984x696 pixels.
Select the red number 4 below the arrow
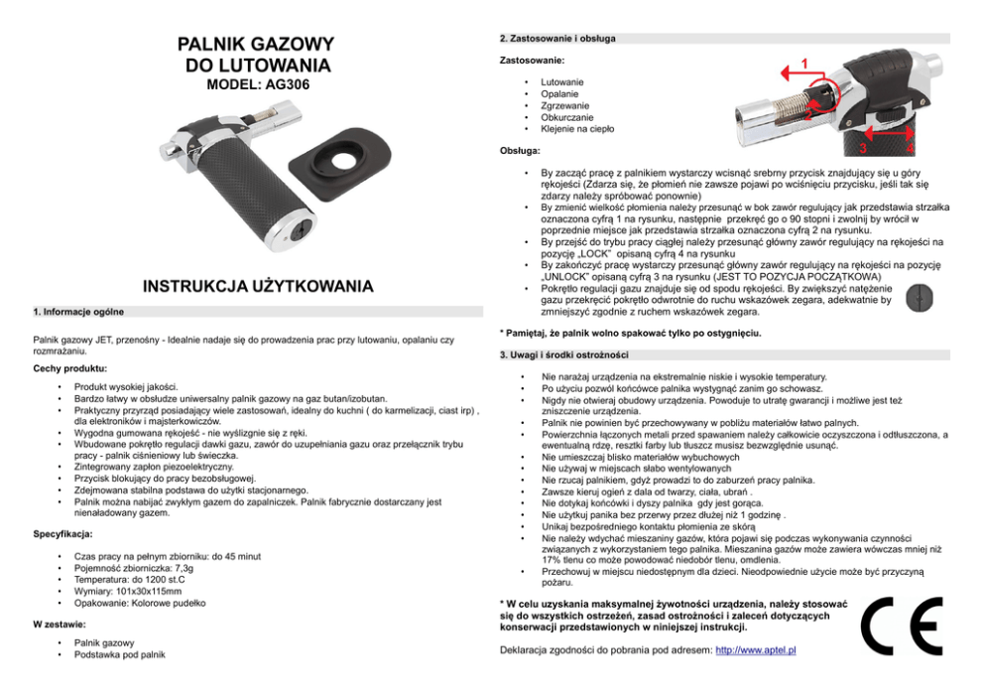(x=910, y=149)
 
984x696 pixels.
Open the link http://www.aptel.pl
(x=756, y=650)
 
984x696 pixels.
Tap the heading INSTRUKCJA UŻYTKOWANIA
(x=258, y=287)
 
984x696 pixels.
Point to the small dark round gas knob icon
(x=920, y=299)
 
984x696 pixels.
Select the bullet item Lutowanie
(x=561, y=81)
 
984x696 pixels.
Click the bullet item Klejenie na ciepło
(x=577, y=128)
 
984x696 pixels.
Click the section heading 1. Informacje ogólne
(x=78, y=311)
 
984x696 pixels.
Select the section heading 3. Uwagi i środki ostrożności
(x=564, y=354)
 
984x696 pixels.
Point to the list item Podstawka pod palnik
(x=119, y=655)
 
